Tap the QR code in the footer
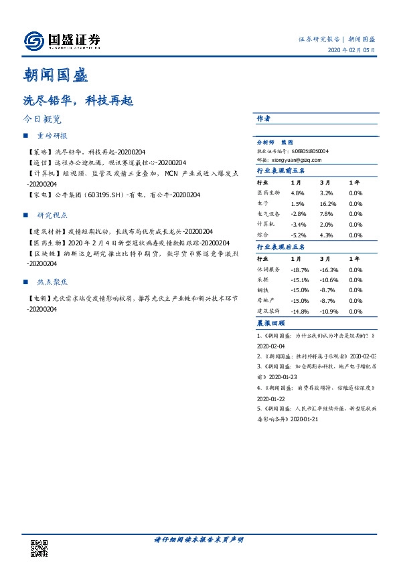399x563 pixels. click(x=39, y=548)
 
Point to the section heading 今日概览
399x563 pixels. click(x=42, y=120)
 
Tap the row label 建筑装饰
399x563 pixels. click(x=268, y=312)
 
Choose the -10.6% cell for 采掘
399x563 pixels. click(x=329, y=280)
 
